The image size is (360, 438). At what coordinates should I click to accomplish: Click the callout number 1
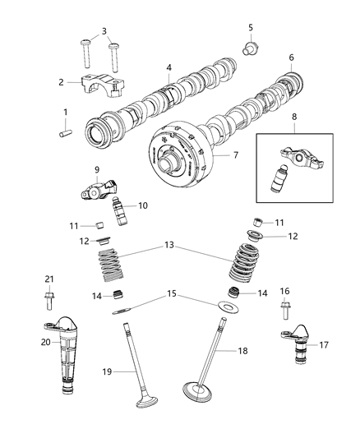tap(67, 111)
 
